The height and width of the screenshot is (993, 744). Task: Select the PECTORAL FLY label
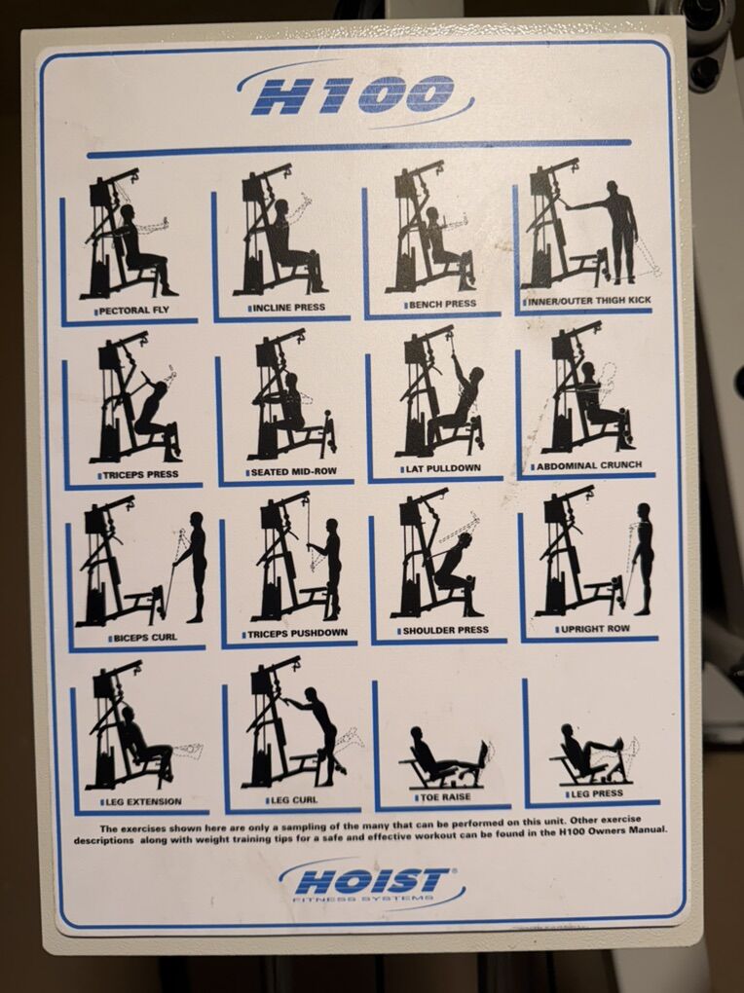tap(134, 311)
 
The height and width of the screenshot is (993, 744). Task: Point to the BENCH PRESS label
tap(442, 304)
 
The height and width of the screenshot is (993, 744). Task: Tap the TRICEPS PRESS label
tap(140, 474)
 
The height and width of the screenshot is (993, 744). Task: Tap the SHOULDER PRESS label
tap(445, 630)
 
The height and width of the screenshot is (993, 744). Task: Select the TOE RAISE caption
tap(445, 797)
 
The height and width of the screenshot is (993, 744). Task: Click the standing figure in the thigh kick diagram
tap(617, 232)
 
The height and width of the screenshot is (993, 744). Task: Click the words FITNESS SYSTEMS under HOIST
tap(364, 898)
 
